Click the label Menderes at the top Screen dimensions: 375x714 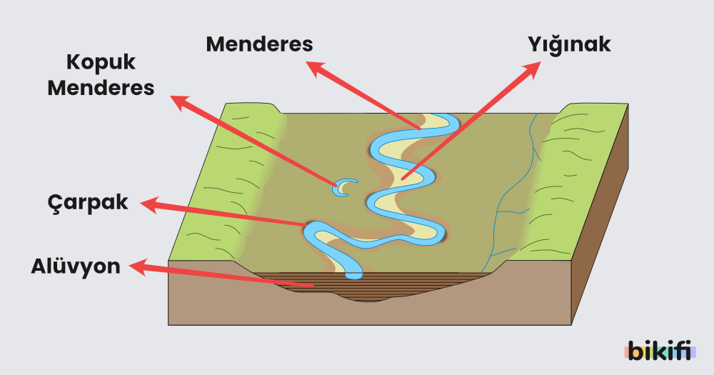pyautogui.click(x=259, y=44)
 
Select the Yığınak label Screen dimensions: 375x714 pyautogui.click(x=568, y=44)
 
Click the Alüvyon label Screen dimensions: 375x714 pyautogui.click(x=76, y=266)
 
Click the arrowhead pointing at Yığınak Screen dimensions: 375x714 pyautogui.click(x=533, y=69)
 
